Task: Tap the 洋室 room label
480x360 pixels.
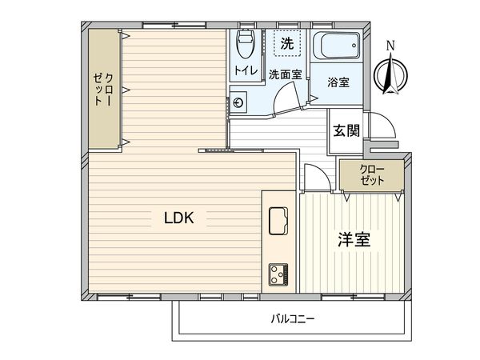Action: click(353, 239)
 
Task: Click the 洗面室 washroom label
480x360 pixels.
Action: click(285, 74)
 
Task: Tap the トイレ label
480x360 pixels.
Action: click(245, 71)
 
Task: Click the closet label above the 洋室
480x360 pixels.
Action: click(372, 175)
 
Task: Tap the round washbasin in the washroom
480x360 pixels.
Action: click(238, 102)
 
